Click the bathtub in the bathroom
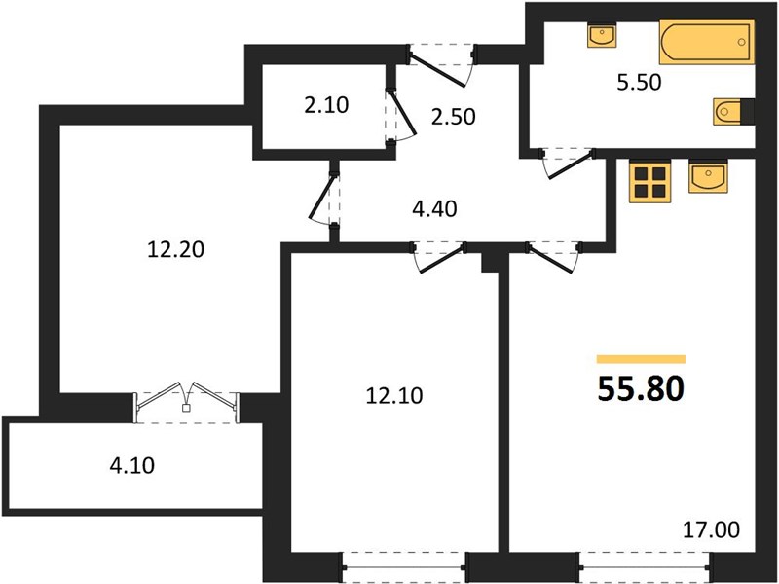[x=707, y=42]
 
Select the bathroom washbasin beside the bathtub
[x=602, y=35]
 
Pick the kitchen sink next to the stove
[x=708, y=177]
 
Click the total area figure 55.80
[x=641, y=388]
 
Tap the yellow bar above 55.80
[x=641, y=359]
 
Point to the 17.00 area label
[x=712, y=529]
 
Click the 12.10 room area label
[x=394, y=396]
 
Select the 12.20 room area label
[x=176, y=249]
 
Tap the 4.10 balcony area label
[x=132, y=466]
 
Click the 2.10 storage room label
[x=326, y=105]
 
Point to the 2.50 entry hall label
[x=453, y=117]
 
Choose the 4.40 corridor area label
[x=434, y=208]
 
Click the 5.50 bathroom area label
[x=640, y=83]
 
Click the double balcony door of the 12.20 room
[x=186, y=402]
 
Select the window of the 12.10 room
[x=404, y=567]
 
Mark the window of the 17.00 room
[x=645, y=567]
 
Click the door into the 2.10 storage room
[x=399, y=116]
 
